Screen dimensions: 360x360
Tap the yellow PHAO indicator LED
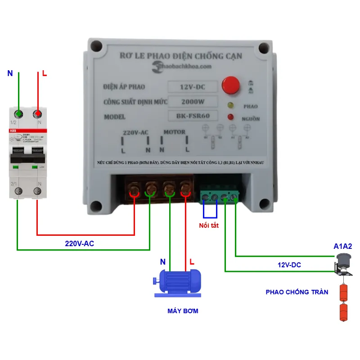(231, 106)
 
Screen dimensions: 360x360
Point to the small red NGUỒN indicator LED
(231, 118)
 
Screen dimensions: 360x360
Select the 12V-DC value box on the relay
(193, 86)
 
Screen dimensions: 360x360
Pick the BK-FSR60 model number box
(193, 116)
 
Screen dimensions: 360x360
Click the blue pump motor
(177, 282)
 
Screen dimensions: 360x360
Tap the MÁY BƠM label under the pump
(183, 311)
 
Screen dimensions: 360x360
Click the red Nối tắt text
(209, 225)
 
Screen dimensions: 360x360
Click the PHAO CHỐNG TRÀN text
(297, 292)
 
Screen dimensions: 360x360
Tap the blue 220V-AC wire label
(80, 243)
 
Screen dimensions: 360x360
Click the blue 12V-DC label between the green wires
(289, 265)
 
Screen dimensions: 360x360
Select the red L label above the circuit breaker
(44, 73)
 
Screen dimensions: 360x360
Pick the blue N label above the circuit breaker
(10, 73)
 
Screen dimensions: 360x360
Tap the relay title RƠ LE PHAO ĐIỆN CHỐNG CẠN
(181, 56)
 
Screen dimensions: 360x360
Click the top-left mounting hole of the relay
(95, 46)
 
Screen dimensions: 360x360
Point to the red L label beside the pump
(192, 261)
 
